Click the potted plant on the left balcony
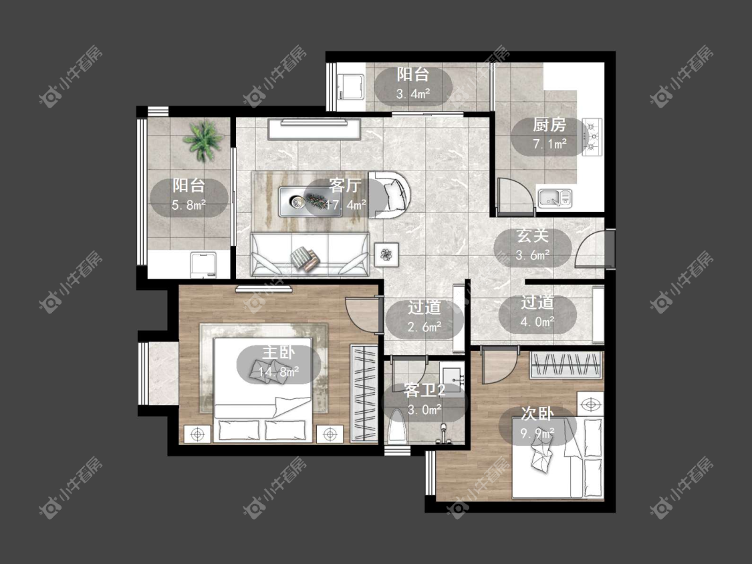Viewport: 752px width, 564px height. (x=203, y=141)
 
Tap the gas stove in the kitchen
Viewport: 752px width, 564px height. (x=593, y=137)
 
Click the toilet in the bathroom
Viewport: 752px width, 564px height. (x=397, y=427)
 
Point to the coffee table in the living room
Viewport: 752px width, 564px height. (x=310, y=202)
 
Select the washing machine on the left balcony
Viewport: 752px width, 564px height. (x=204, y=265)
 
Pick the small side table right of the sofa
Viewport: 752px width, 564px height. (x=386, y=254)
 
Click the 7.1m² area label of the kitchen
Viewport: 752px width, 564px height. (x=549, y=144)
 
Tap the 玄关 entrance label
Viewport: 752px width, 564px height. (x=532, y=236)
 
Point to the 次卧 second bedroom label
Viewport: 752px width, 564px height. (x=537, y=414)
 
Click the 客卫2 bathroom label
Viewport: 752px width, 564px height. (x=424, y=390)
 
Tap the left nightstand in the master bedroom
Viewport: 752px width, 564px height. (x=197, y=434)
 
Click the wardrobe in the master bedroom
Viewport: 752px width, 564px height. (x=364, y=393)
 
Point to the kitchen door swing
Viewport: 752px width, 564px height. (x=516, y=196)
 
